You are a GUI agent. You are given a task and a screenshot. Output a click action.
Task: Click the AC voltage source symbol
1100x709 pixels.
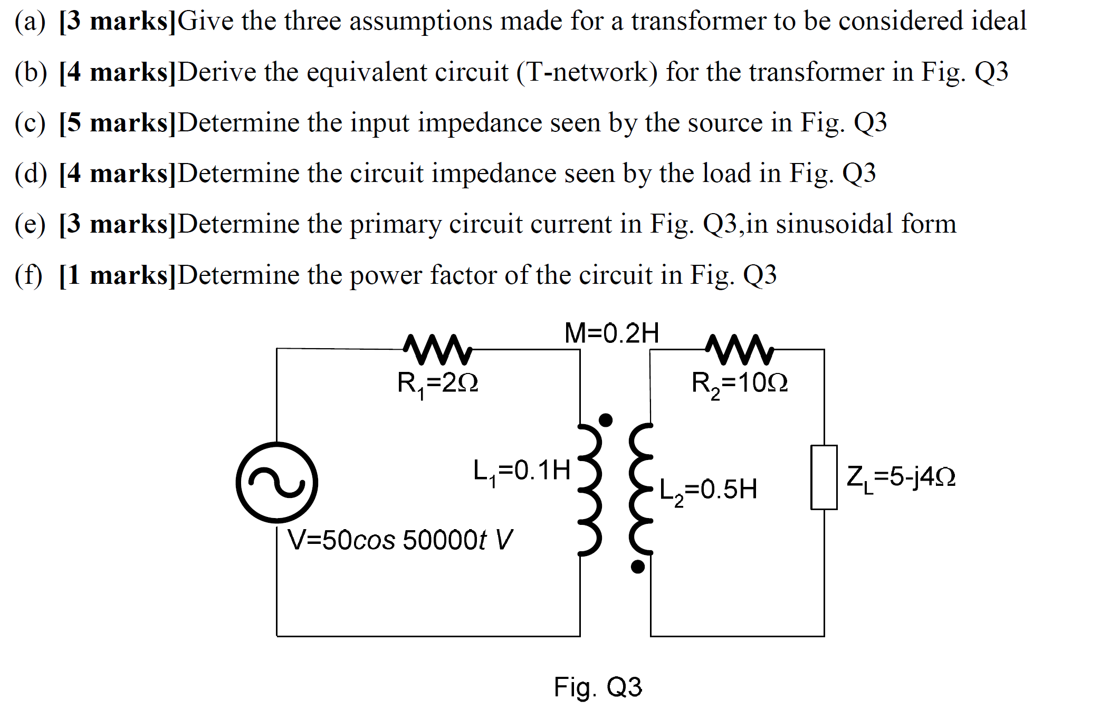pyautogui.click(x=276, y=482)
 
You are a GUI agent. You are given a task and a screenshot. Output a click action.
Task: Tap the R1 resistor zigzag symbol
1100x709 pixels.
pyautogui.click(x=437, y=349)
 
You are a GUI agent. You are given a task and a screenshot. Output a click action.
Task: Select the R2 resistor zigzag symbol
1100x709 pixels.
pyautogui.click(x=739, y=349)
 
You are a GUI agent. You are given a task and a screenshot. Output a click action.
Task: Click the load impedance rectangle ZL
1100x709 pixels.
pyautogui.click(x=824, y=477)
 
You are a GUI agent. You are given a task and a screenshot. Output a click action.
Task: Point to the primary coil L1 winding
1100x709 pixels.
pyautogui.click(x=591, y=489)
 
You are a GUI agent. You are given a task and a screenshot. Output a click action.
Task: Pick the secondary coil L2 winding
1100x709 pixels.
pyautogui.click(x=640, y=489)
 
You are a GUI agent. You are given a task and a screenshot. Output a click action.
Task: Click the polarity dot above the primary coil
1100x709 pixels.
pyautogui.click(x=606, y=420)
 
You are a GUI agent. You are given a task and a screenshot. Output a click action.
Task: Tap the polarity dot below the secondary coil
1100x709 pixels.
pyautogui.click(x=638, y=567)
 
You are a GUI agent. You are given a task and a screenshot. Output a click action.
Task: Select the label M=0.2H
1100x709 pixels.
pyautogui.click(x=611, y=333)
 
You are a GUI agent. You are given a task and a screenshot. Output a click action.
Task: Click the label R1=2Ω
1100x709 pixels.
pyautogui.click(x=437, y=383)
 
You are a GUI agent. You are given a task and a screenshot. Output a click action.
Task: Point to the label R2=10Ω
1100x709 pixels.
pyautogui.click(x=739, y=384)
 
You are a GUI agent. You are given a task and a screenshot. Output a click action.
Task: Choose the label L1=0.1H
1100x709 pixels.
pyautogui.click(x=522, y=471)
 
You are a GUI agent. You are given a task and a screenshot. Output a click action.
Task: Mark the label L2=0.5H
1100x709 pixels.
pyautogui.click(x=708, y=490)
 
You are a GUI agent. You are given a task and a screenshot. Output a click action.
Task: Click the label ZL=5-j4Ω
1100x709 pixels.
pyautogui.click(x=901, y=477)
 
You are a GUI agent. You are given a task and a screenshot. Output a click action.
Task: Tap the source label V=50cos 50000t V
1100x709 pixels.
pyautogui.click(x=400, y=540)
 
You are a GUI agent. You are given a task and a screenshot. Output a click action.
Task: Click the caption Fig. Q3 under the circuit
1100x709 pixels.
pyautogui.click(x=598, y=687)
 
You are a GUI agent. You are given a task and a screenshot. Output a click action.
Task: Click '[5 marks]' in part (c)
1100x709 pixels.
pyautogui.click(x=117, y=123)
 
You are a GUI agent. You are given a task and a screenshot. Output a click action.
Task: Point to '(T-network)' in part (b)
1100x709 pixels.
pyautogui.click(x=587, y=72)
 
